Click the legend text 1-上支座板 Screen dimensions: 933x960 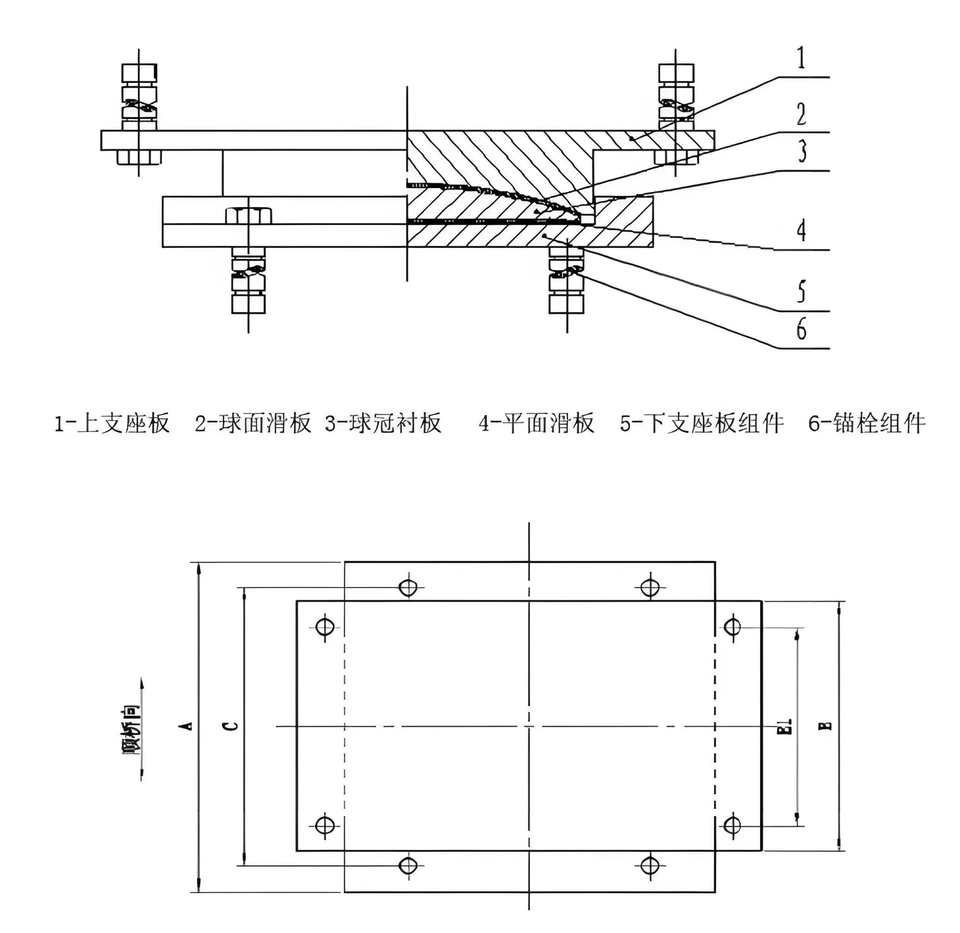click(112, 423)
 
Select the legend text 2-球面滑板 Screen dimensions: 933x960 click(253, 423)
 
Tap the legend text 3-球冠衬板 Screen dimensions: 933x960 click(383, 423)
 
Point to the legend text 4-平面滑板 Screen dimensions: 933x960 click(536, 423)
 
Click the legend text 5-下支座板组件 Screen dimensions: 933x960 click(701, 423)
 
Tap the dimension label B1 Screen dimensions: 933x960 click(786, 726)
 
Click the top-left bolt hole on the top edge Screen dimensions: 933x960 click(408, 586)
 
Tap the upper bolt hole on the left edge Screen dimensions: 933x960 click(325, 626)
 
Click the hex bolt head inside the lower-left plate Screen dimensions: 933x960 click(248, 215)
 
